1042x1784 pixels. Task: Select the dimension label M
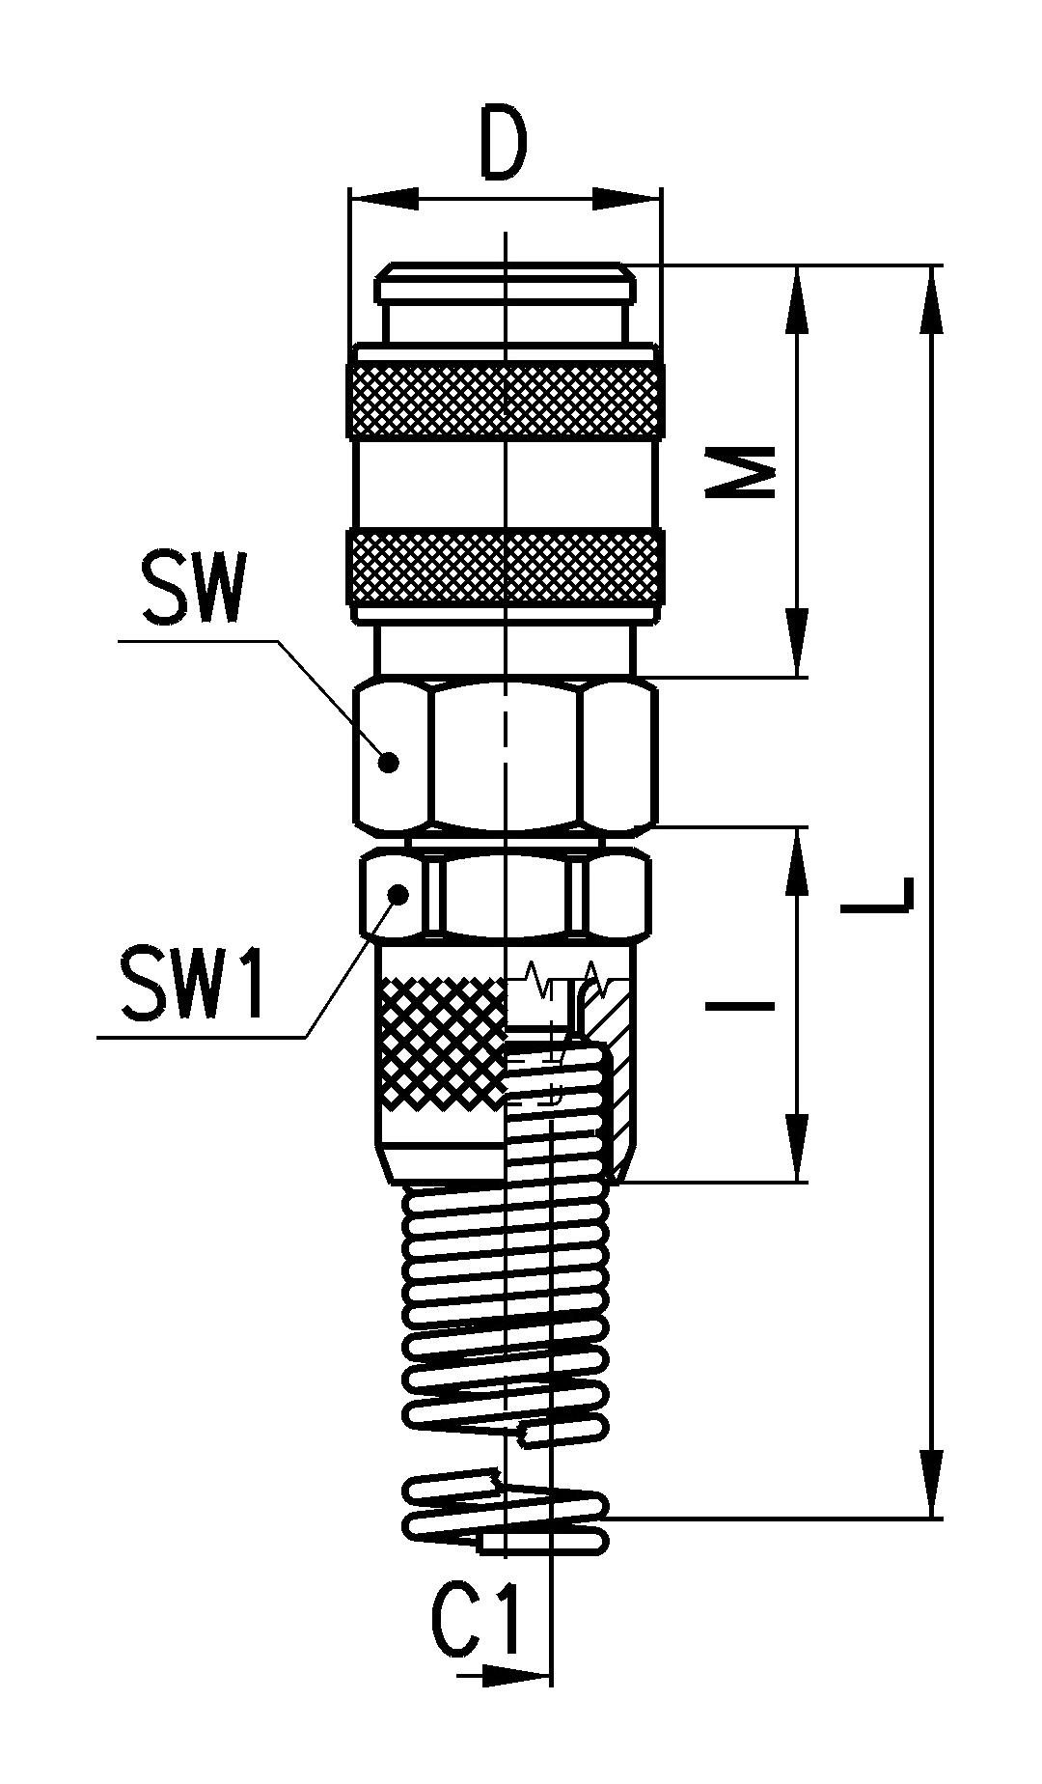pyautogui.click(x=740, y=471)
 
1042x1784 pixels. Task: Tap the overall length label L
pyautogui.click(x=876, y=893)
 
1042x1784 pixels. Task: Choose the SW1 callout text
pyautogui.click(x=193, y=984)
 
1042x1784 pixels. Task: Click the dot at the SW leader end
pyautogui.click(x=389, y=763)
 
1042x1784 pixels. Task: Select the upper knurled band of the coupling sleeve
pyautogui.click(x=505, y=401)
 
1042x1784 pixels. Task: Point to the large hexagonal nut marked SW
pyautogui.click(x=506, y=756)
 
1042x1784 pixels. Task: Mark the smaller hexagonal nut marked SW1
pyautogui.click(x=506, y=893)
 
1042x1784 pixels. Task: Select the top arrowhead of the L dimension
pyautogui.click(x=932, y=301)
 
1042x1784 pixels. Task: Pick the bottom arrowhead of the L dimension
pyautogui.click(x=932, y=1482)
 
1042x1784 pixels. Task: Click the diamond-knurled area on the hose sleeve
pyautogui.click(x=442, y=1043)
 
